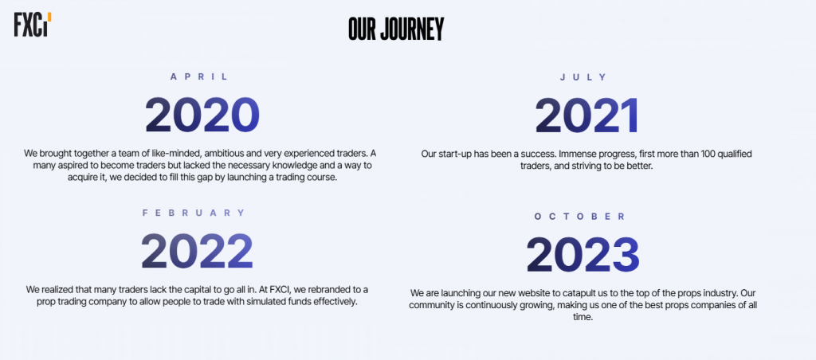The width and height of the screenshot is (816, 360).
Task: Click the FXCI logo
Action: point(33,25)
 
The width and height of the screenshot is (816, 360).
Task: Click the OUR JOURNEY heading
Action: point(396,29)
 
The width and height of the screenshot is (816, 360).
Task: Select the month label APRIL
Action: point(199,77)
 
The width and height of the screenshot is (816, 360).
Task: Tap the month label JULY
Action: point(583,77)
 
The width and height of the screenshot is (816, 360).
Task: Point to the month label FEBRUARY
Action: point(194,213)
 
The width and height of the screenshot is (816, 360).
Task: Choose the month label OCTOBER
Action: point(580,217)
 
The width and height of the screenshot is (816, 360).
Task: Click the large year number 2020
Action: point(202,115)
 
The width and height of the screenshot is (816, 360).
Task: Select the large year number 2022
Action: point(198,251)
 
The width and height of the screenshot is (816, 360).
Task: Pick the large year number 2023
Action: point(583,254)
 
